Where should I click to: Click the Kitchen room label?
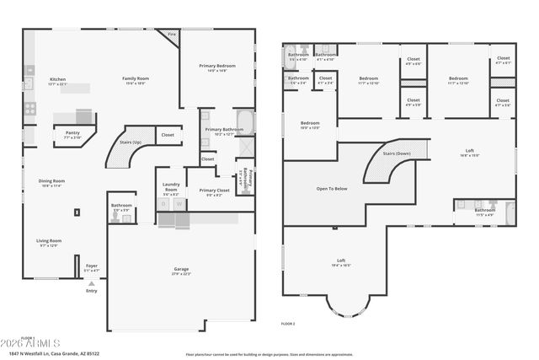pos(56,80)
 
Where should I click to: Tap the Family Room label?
pos(136,80)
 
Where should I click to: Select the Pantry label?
pos(72,133)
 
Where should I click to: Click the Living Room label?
pos(49,241)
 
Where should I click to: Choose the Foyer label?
pos(92,266)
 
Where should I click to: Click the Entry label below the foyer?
pos(91,291)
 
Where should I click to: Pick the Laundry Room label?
pos(171,189)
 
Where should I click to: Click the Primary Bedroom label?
pos(217,66)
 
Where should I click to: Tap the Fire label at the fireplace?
pos(172,35)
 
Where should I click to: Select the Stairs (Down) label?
pos(397,154)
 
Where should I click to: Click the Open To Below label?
pos(332,189)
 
